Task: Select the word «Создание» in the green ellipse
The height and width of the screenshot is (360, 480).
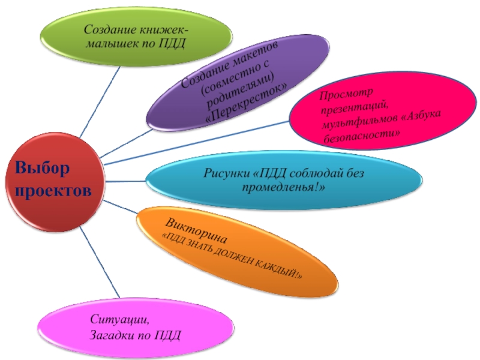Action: coord(109,29)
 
